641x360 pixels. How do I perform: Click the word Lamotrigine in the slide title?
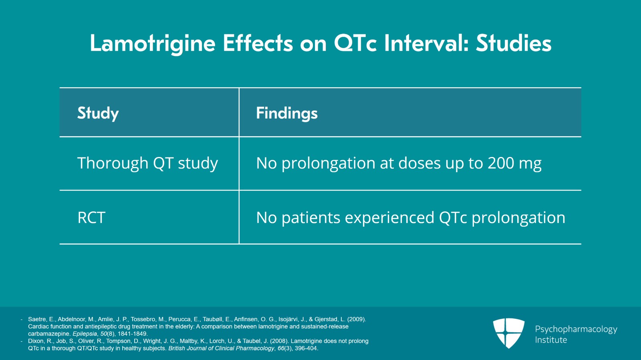tap(153, 43)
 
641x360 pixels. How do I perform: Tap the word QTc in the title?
tap(355, 43)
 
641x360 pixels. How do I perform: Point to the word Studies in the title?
tap(514, 43)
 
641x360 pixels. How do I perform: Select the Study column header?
tap(98, 113)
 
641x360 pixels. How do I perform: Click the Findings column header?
tap(287, 113)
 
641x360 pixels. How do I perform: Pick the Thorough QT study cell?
tap(147, 163)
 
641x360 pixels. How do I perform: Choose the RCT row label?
tap(91, 218)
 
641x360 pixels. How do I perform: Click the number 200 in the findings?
tap(501, 163)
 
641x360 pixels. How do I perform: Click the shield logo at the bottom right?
tap(508, 333)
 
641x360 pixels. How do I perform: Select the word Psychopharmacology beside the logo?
tap(576, 329)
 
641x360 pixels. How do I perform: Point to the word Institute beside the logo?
tap(551, 340)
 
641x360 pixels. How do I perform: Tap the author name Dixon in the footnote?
tap(36, 341)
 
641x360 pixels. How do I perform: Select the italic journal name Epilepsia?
tap(85, 334)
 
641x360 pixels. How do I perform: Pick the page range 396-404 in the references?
tap(306, 348)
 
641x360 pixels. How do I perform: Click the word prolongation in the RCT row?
tap(518, 218)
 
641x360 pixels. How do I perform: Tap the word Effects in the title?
tap(258, 43)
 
